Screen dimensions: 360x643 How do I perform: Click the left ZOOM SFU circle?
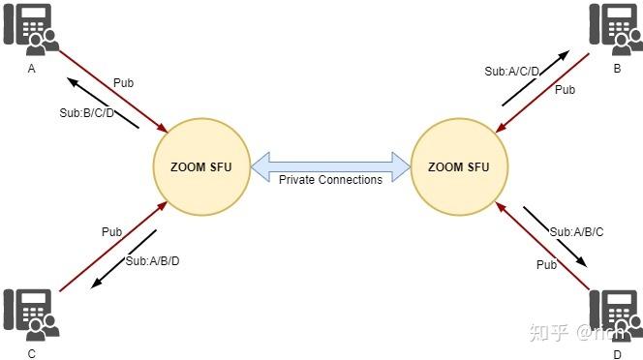[x=201, y=166]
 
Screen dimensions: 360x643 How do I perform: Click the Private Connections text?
[x=330, y=180]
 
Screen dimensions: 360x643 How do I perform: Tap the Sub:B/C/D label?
[x=86, y=112]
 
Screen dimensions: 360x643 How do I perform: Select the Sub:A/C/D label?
[x=512, y=71]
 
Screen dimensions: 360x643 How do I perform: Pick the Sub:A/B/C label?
[x=577, y=232]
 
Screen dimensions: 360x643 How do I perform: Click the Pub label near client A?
[x=123, y=82]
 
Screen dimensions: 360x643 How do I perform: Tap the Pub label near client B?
[x=565, y=90]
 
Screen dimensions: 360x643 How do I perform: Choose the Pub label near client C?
[x=112, y=232]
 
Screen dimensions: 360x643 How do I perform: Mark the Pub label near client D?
[x=548, y=263]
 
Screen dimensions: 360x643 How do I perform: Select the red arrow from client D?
[x=544, y=246]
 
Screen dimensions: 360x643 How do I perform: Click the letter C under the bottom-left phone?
[x=31, y=355]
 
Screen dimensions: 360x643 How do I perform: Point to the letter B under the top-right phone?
[x=616, y=70]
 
